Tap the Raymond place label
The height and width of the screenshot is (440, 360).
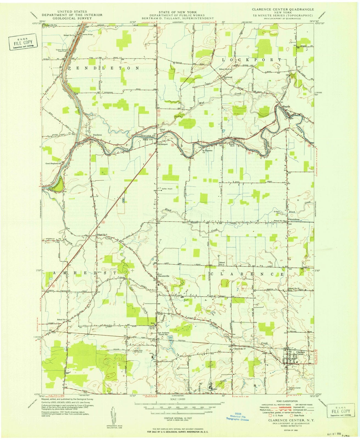click(228, 78)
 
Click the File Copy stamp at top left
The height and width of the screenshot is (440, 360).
click(22, 42)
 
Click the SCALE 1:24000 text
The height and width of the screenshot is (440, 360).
click(177, 399)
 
